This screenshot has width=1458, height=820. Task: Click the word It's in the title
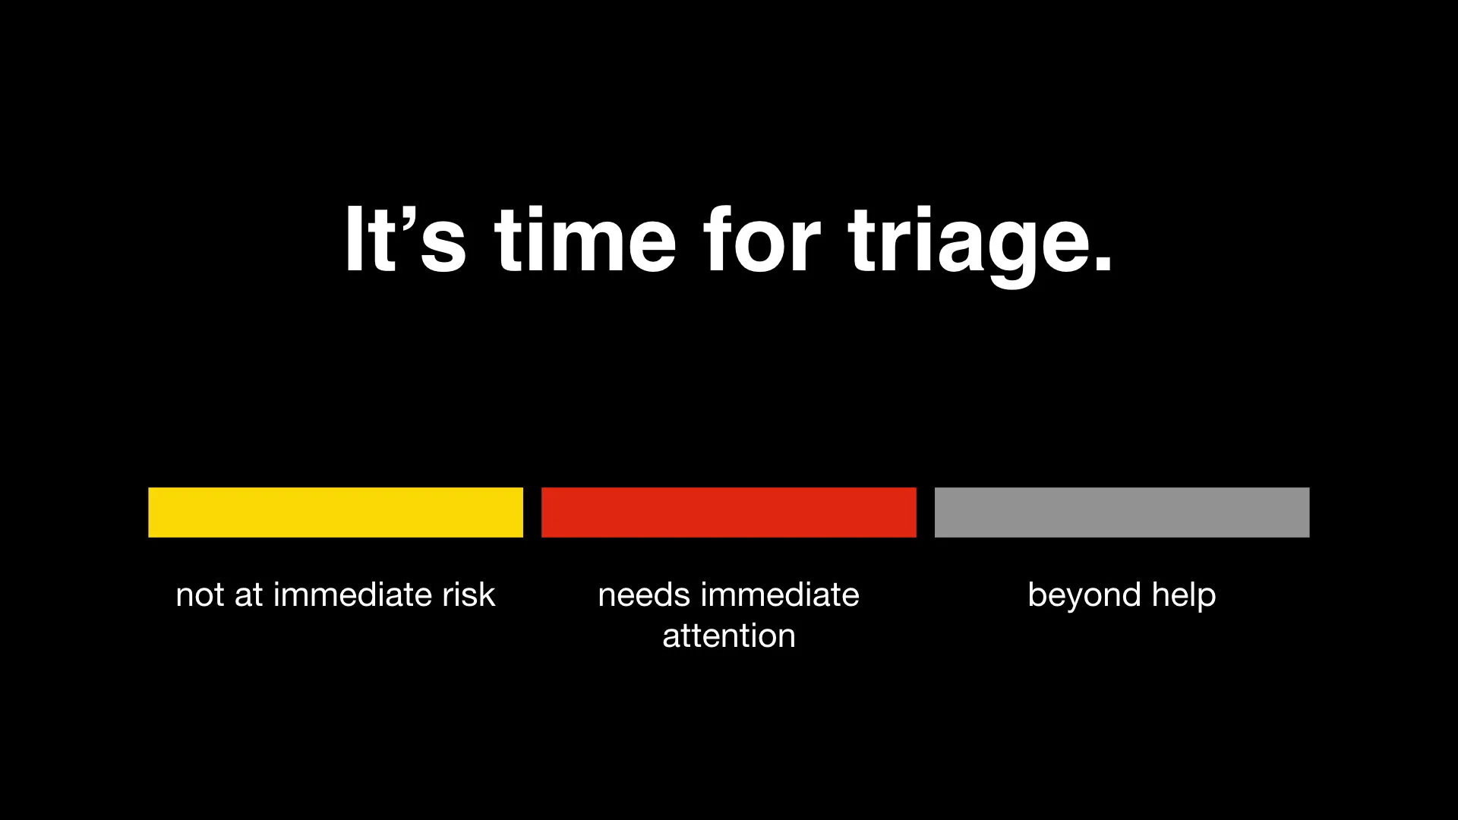[x=405, y=239]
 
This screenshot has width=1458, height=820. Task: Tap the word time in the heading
[x=585, y=239]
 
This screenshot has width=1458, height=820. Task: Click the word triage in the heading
[x=968, y=239]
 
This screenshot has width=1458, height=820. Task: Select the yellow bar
[x=336, y=512]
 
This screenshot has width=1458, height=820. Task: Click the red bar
[x=729, y=512]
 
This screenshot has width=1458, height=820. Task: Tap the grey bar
[x=1122, y=512]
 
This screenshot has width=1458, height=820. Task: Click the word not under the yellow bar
[x=200, y=594]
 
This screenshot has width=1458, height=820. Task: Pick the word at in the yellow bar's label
[x=248, y=594]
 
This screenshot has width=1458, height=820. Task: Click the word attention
[x=729, y=635]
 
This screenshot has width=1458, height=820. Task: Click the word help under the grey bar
[x=1184, y=594]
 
